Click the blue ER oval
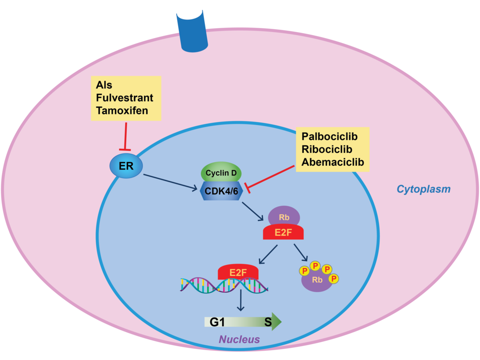tap(126, 166)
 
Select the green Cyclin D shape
tap(221, 173)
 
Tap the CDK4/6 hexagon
tap(221, 190)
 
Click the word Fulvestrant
tap(125, 97)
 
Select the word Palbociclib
tap(330, 136)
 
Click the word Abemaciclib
tap(332, 162)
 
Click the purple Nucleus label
tap(240, 339)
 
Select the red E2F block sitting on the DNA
tap(238, 271)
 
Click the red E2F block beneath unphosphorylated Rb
tap(283, 232)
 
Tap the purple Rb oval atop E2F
tap(284, 216)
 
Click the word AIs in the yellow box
tap(105, 85)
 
